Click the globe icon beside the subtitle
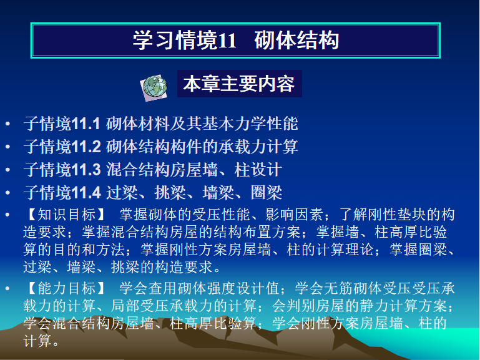point(154,87)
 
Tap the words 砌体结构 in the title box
point(296,40)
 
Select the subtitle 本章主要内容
point(239,84)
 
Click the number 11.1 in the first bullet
point(86,124)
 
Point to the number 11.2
point(86,147)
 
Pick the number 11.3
point(86,170)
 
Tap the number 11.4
point(86,193)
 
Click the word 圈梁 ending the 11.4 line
point(267,193)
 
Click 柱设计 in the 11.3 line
point(258,170)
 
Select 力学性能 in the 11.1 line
point(267,124)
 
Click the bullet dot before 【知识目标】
point(7,215)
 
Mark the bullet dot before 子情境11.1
point(7,124)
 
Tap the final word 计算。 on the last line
point(41,341)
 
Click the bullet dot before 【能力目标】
point(7,289)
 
